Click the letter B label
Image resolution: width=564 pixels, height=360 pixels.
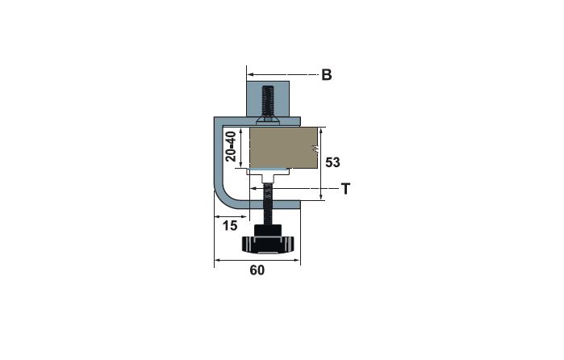(326, 75)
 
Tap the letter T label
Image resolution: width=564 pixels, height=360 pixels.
(345, 188)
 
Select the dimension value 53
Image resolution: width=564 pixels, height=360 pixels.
(332, 162)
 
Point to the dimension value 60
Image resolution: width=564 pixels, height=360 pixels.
(257, 270)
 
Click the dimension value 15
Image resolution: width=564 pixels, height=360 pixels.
(230, 225)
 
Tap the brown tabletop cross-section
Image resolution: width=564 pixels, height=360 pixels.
(283, 148)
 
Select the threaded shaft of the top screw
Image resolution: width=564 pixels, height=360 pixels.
(268, 101)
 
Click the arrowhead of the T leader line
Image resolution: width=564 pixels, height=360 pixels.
(253, 188)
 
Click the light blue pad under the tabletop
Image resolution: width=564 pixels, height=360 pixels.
(268, 170)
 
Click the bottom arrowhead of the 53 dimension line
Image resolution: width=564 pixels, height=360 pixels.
(321, 197)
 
